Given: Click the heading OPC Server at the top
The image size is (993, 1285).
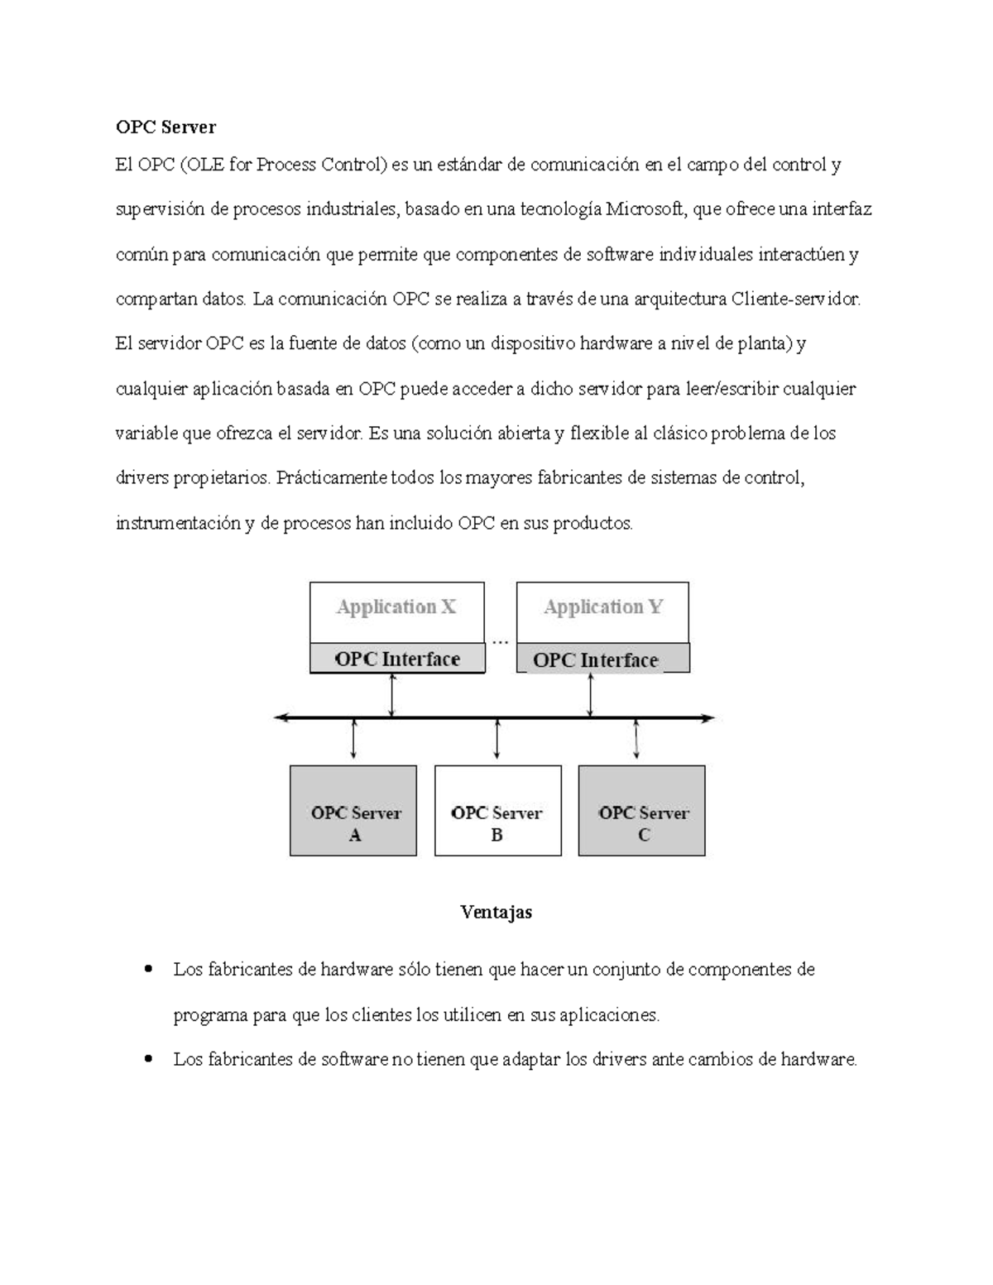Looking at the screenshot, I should (165, 127).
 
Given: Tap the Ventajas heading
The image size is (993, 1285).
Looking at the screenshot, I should (496, 912).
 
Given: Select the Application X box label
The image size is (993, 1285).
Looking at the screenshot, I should (396, 607).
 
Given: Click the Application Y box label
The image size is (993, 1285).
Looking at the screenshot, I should (602, 607).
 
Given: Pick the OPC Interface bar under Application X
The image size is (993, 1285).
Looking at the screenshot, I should (397, 659).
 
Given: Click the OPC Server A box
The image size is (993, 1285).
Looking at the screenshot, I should (353, 811).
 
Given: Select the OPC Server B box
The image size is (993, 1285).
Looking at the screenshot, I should (497, 811).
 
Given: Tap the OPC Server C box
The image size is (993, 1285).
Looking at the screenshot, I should (642, 811).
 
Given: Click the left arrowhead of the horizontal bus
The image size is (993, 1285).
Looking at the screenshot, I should (280, 718).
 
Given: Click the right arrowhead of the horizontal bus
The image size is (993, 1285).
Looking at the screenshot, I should (708, 718).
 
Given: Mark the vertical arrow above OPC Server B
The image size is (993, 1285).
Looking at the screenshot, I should (496, 739).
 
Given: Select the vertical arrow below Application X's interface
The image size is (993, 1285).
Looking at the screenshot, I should (392, 695).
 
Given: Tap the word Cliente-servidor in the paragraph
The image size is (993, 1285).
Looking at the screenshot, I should (796, 299).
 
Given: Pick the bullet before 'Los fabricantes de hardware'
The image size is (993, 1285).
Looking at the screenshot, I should (149, 968).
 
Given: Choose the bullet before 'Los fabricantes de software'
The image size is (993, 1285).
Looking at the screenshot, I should (149, 1058).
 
